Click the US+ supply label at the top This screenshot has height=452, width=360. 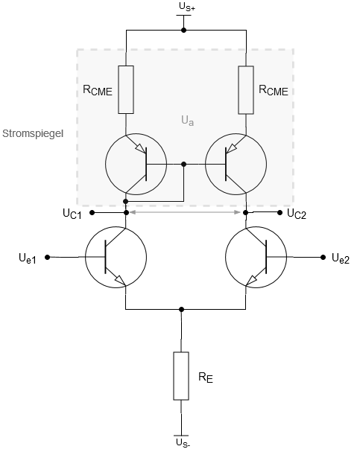pyautogui.click(x=187, y=7)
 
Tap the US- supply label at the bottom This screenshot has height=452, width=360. pyautogui.click(x=183, y=442)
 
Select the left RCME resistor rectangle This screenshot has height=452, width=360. pyautogui.click(x=126, y=89)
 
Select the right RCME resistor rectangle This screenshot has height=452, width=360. pyautogui.click(x=246, y=90)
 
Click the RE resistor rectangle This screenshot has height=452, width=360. pyautogui.click(x=181, y=376)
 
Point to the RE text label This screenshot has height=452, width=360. pyautogui.click(x=206, y=378)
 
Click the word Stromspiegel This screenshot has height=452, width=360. pyautogui.click(x=33, y=134)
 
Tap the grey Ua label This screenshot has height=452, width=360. pyautogui.click(x=188, y=121)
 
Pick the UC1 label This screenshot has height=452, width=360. pyautogui.click(x=72, y=214)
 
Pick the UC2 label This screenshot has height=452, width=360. pyautogui.click(x=297, y=214)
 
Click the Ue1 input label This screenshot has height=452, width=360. pyautogui.click(x=28, y=258)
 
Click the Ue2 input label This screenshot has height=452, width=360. pyautogui.click(x=341, y=258)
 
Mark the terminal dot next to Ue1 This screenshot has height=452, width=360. pyautogui.click(x=48, y=257)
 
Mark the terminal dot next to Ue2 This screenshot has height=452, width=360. pyautogui.click(x=323, y=257)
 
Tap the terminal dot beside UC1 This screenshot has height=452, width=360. pyautogui.click(x=92, y=213)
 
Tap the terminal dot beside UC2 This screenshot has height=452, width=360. pyautogui.click(x=280, y=213)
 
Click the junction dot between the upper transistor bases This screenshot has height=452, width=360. pyautogui.click(x=184, y=164)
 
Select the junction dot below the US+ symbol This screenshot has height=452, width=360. pyautogui.click(x=183, y=30)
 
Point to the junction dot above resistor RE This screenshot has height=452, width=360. pyautogui.click(x=181, y=309)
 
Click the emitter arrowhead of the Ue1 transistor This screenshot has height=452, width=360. pyautogui.click(x=121, y=280)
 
